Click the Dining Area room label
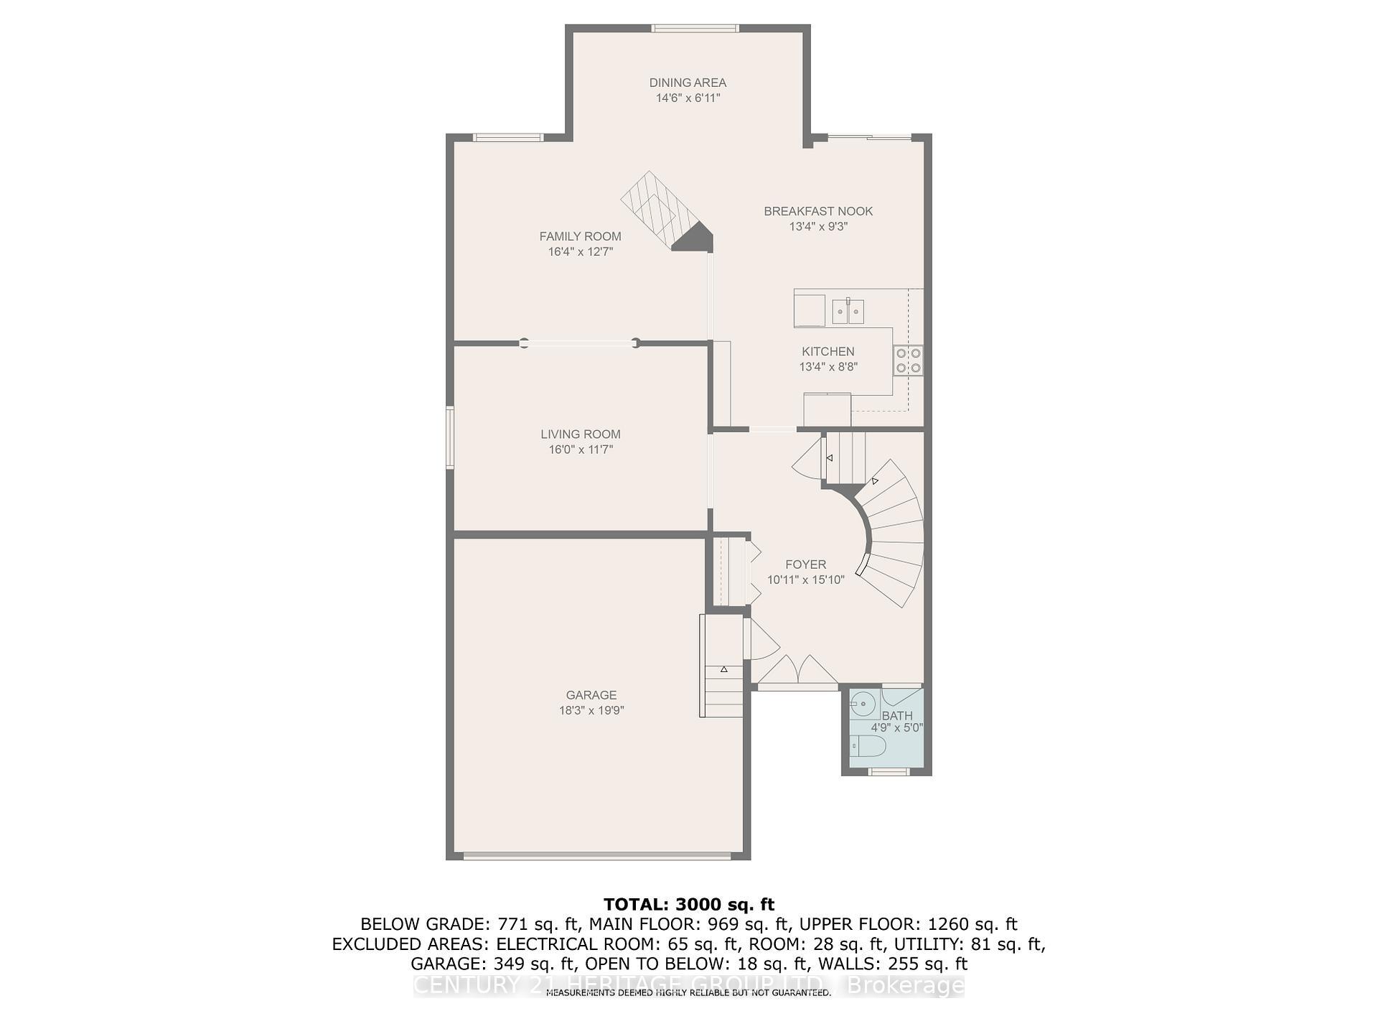point(688,83)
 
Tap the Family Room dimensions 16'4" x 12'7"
point(580,252)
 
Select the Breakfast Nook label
point(818,211)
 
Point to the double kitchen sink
point(848,312)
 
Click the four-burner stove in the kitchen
point(908,360)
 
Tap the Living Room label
point(580,434)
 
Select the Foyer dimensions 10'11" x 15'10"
point(805,579)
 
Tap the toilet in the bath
point(869,747)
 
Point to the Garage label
point(591,695)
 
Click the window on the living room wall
point(450,438)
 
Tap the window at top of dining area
point(695,29)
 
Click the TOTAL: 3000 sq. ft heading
point(689,905)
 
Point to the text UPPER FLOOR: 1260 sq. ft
point(908,924)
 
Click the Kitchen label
point(828,352)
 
